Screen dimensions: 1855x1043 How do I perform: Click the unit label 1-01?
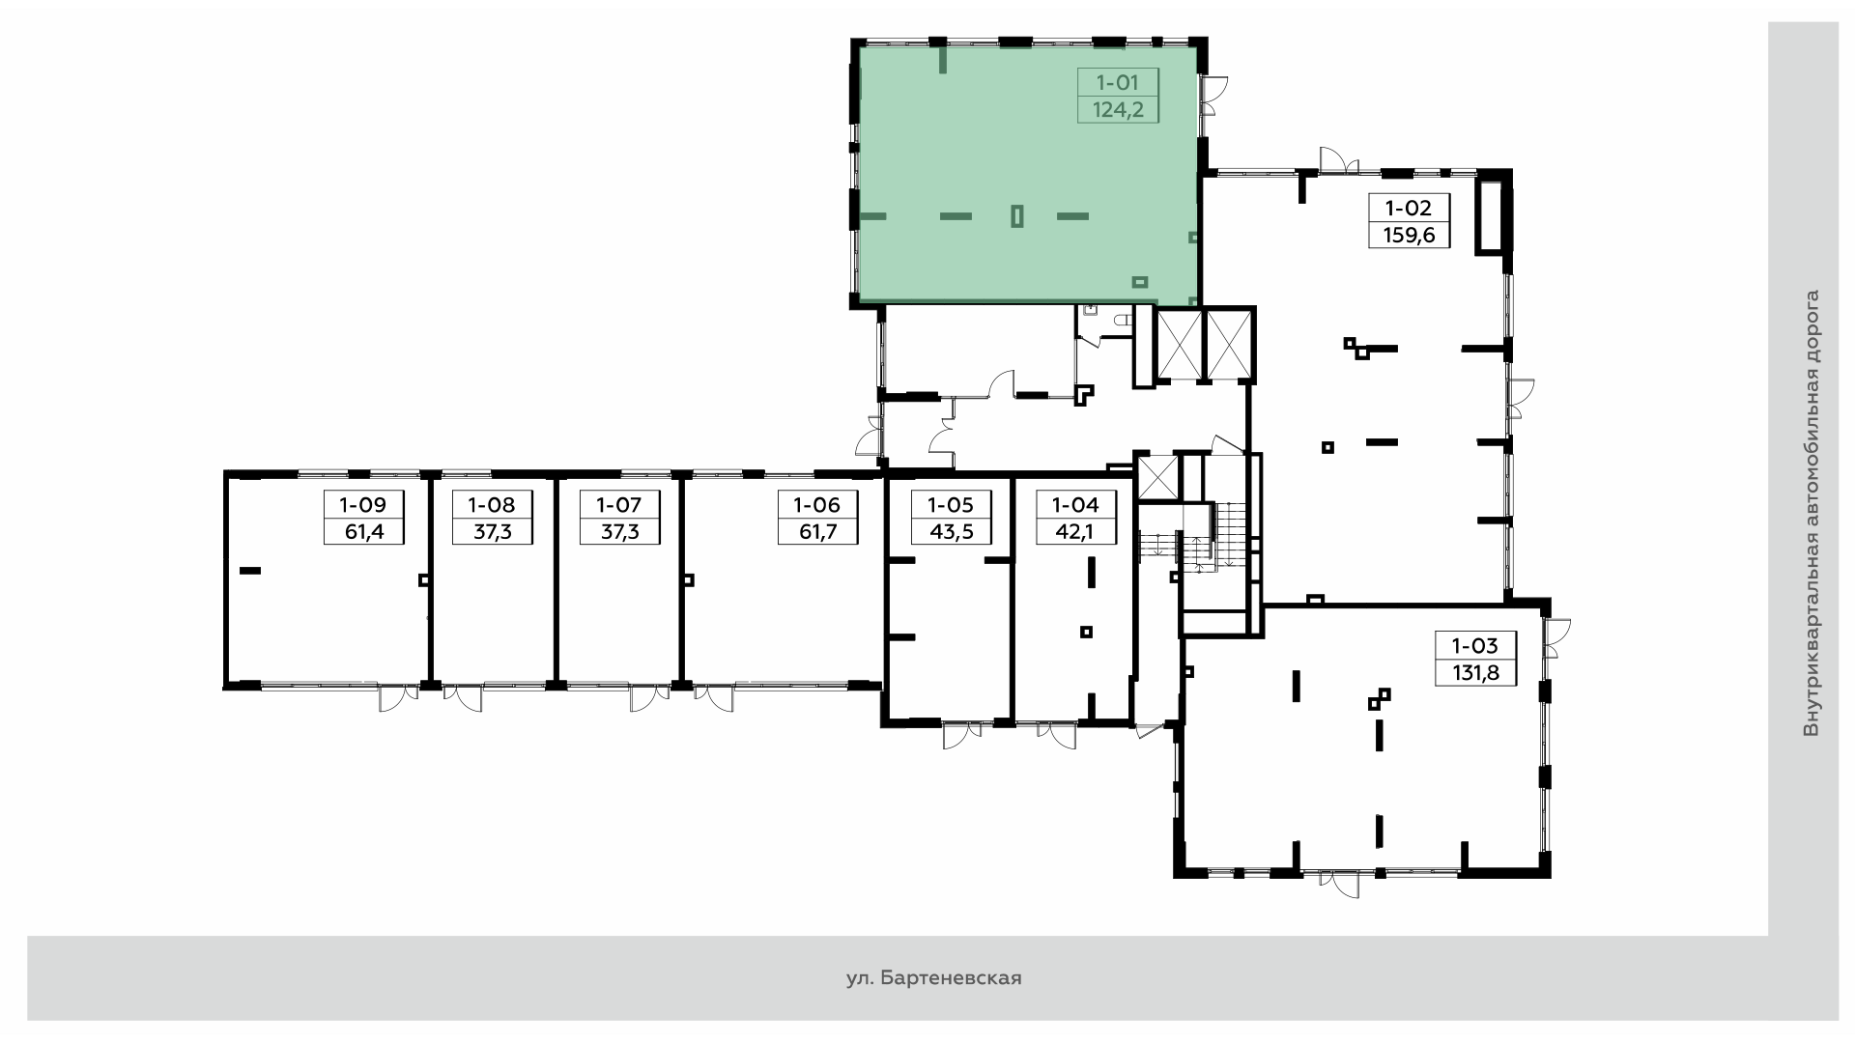(x=1117, y=83)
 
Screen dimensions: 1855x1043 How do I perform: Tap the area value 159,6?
(x=1409, y=235)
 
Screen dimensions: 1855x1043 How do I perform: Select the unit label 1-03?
(x=1474, y=645)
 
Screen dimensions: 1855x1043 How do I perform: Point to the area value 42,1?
(x=1074, y=531)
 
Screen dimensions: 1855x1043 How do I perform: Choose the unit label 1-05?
(x=950, y=504)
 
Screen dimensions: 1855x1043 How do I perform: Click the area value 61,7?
(x=816, y=531)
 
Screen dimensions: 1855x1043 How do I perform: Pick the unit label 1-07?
(x=618, y=504)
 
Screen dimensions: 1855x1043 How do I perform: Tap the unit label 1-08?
(x=492, y=504)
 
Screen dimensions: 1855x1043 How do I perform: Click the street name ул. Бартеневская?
(x=933, y=978)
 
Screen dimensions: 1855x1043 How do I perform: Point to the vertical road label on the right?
(x=1811, y=514)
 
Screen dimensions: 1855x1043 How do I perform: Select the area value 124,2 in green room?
(x=1118, y=110)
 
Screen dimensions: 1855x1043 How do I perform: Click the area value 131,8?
(x=1475, y=672)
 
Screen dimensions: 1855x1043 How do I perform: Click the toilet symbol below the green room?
(x=1123, y=319)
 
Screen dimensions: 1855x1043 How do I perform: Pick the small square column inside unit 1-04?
(x=1087, y=632)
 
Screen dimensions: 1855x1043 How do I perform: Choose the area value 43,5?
(x=950, y=531)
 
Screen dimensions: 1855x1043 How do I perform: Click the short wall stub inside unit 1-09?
(x=250, y=571)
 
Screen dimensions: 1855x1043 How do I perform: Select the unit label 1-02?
(x=1409, y=208)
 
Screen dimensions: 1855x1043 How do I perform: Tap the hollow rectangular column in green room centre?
(x=1016, y=215)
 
